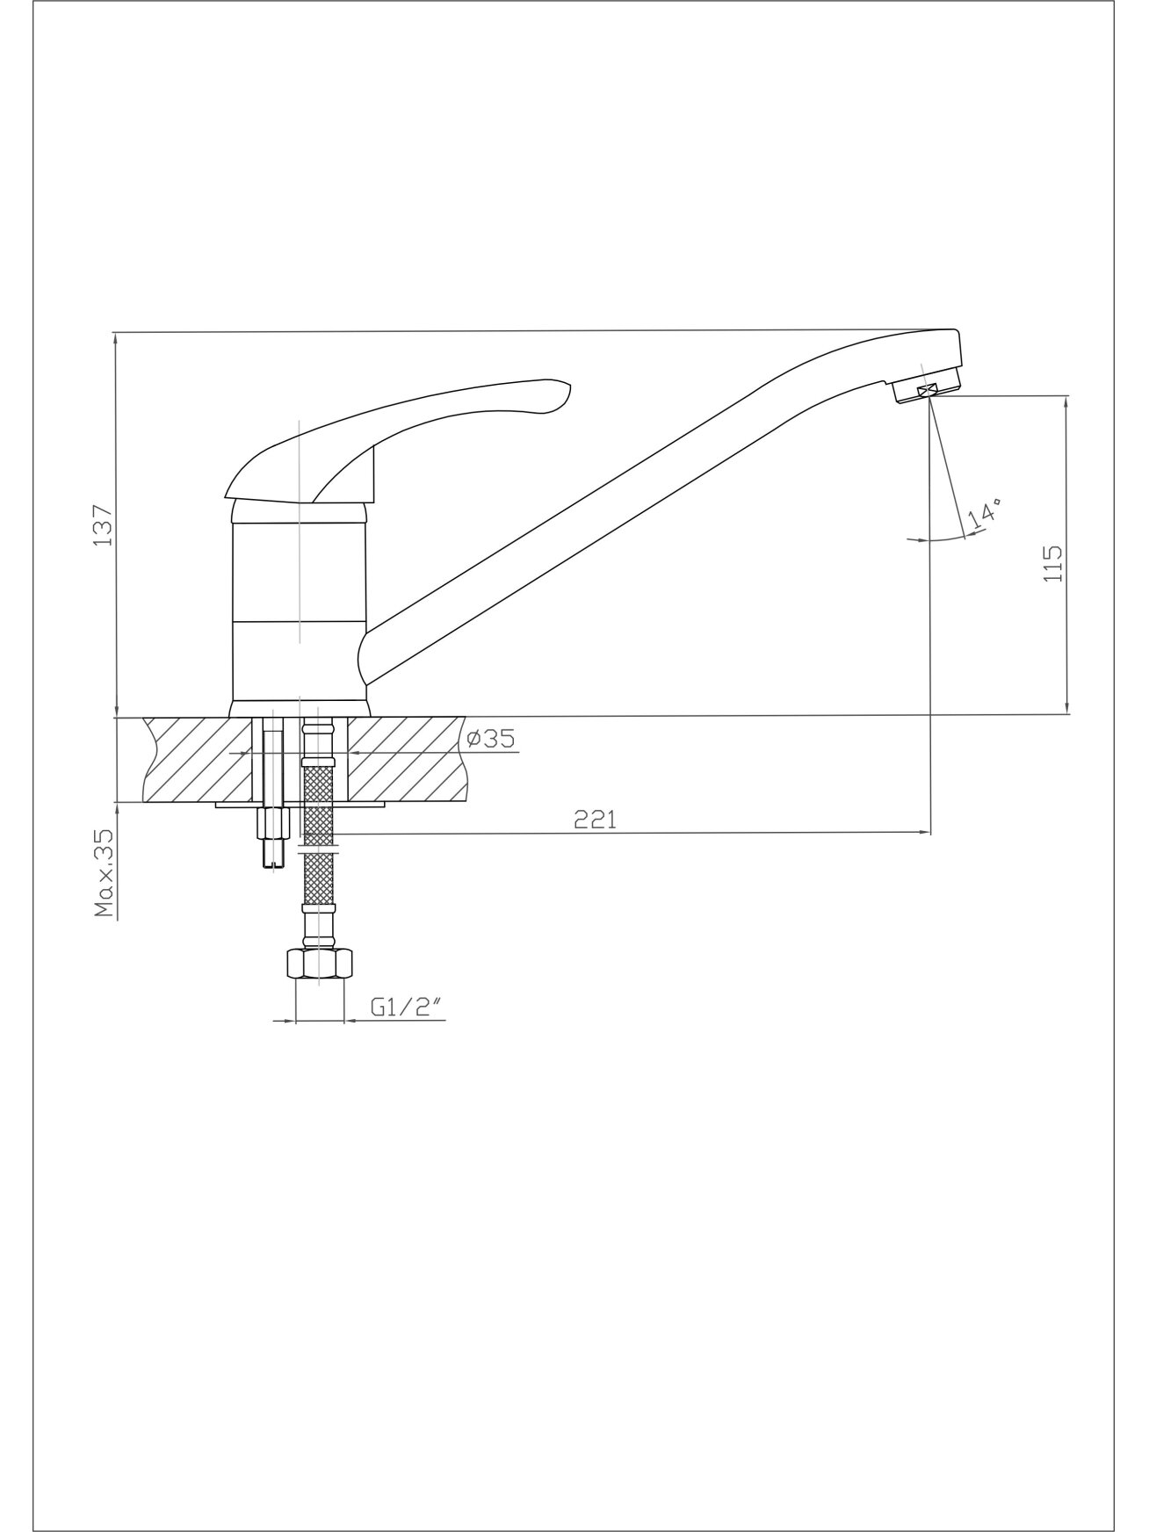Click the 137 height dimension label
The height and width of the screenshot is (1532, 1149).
coord(104,524)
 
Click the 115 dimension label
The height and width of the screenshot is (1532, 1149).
coord(1052,564)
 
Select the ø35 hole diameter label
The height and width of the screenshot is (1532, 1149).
coord(489,740)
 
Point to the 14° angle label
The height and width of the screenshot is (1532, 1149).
coord(984,514)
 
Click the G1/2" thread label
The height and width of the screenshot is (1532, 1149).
coord(404,1008)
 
